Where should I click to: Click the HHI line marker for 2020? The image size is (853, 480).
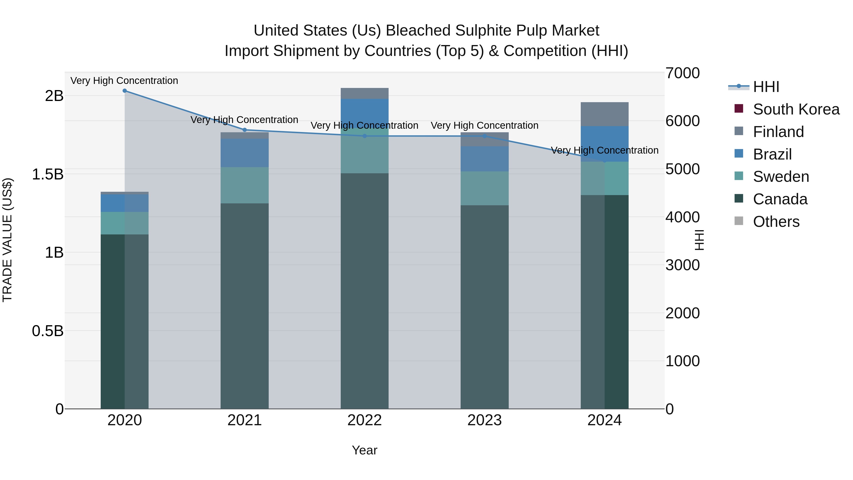click(x=124, y=91)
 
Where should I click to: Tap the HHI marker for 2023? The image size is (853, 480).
click(x=485, y=136)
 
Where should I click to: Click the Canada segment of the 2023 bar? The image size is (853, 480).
click(x=485, y=306)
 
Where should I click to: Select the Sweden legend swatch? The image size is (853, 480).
click(x=739, y=176)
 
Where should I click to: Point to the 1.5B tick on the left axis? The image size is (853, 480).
click(x=48, y=174)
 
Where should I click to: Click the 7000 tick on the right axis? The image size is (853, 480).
click(x=683, y=73)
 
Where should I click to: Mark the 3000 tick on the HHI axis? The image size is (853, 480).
click(x=683, y=265)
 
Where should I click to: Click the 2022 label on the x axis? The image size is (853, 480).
click(x=365, y=420)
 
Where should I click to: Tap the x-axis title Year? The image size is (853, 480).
click(x=365, y=450)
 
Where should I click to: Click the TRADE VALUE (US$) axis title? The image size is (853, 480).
click(x=7, y=240)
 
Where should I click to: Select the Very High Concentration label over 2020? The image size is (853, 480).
click(x=124, y=81)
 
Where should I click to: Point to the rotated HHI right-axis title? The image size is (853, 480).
click(x=699, y=240)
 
